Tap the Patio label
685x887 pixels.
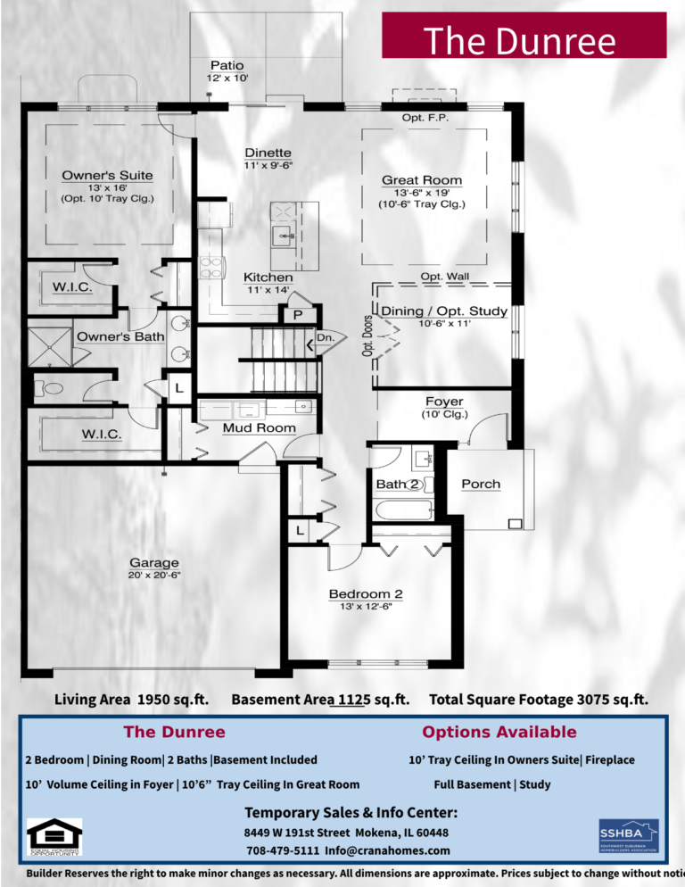click(x=227, y=65)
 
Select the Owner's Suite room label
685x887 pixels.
click(x=107, y=175)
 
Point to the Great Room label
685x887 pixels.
click(x=422, y=180)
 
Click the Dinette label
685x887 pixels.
click(x=268, y=153)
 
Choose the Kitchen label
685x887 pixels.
click(x=268, y=278)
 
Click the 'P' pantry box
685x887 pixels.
click(x=296, y=315)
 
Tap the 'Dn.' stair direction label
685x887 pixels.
click(x=326, y=338)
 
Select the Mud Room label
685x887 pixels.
click(x=259, y=428)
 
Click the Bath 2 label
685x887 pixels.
click(x=398, y=484)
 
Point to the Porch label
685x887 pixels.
click(x=481, y=484)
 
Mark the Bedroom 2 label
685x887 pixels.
click(x=366, y=594)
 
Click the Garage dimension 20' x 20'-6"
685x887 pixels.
click(x=153, y=576)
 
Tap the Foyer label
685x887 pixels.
click(x=443, y=402)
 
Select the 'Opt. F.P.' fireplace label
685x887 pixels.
click(x=425, y=118)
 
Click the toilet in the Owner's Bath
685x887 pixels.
click(x=49, y=388)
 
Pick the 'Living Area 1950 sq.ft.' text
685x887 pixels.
click(x=131, y=700)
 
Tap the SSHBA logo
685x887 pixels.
click(x=628, y=836)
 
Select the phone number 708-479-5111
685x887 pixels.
click(x=282, y=849)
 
